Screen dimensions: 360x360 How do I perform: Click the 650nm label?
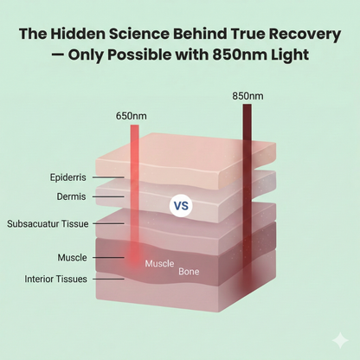click(132, 116)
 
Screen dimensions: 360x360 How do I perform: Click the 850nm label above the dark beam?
click(247, 96)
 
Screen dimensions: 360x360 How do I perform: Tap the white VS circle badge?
click(181, 206)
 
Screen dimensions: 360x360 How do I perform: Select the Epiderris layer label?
click(68, 177)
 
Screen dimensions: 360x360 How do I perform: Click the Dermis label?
click(71, 196)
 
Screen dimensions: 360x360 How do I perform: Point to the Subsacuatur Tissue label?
click(48, 224)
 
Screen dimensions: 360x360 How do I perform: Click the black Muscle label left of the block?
click(72, 257)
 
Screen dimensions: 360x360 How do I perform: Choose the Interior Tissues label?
click(55, 279)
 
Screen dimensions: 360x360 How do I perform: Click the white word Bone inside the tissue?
click(189, 272)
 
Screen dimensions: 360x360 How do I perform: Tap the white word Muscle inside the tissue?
click(159, 263)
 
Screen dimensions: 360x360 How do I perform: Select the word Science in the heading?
click(139, 34)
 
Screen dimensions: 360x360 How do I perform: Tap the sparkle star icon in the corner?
click(340, 340)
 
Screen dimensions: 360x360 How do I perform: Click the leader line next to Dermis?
click(108, 197)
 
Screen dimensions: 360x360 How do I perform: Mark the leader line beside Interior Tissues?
click(108, 279)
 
